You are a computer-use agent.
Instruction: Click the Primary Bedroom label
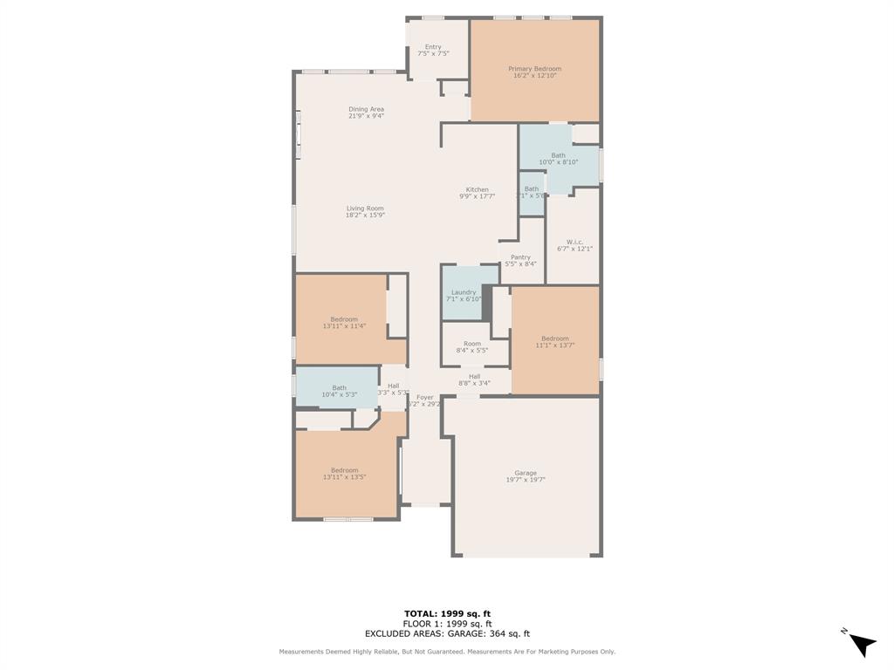(534, 69)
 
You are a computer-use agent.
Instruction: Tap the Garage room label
(525, 473)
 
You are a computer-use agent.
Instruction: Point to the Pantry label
(520, 257)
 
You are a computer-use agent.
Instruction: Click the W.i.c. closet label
(574, 242)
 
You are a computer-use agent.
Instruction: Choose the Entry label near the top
(433, 47)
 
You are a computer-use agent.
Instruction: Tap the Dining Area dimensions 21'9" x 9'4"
(366, 116)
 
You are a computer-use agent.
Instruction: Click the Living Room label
(365, 209)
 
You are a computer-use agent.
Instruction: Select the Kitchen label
(477, 189)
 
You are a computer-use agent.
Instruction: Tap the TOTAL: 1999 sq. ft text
(447, 613)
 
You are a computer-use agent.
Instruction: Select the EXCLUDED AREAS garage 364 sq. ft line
(447, 634)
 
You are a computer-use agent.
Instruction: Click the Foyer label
(424, 397)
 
